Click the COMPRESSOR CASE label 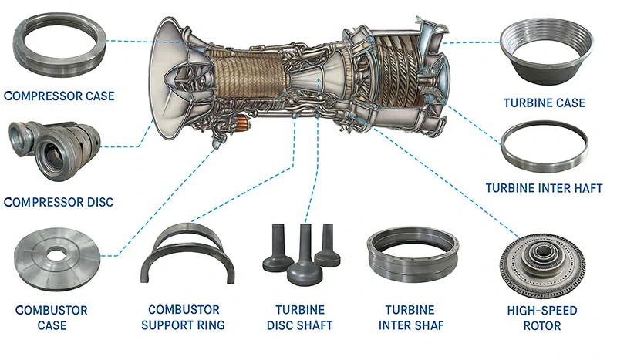click(x=59, y=96)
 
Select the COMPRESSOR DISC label click(x=59, y=202)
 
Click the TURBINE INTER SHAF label click(x=411, y=318)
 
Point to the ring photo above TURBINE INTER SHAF click(x=411, y=254)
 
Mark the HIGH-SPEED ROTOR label click(x=541, y=318)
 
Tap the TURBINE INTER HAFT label click(x=544, y=188)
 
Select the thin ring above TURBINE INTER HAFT click(x=545, y=148)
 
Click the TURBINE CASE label click(x=545, y=103)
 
